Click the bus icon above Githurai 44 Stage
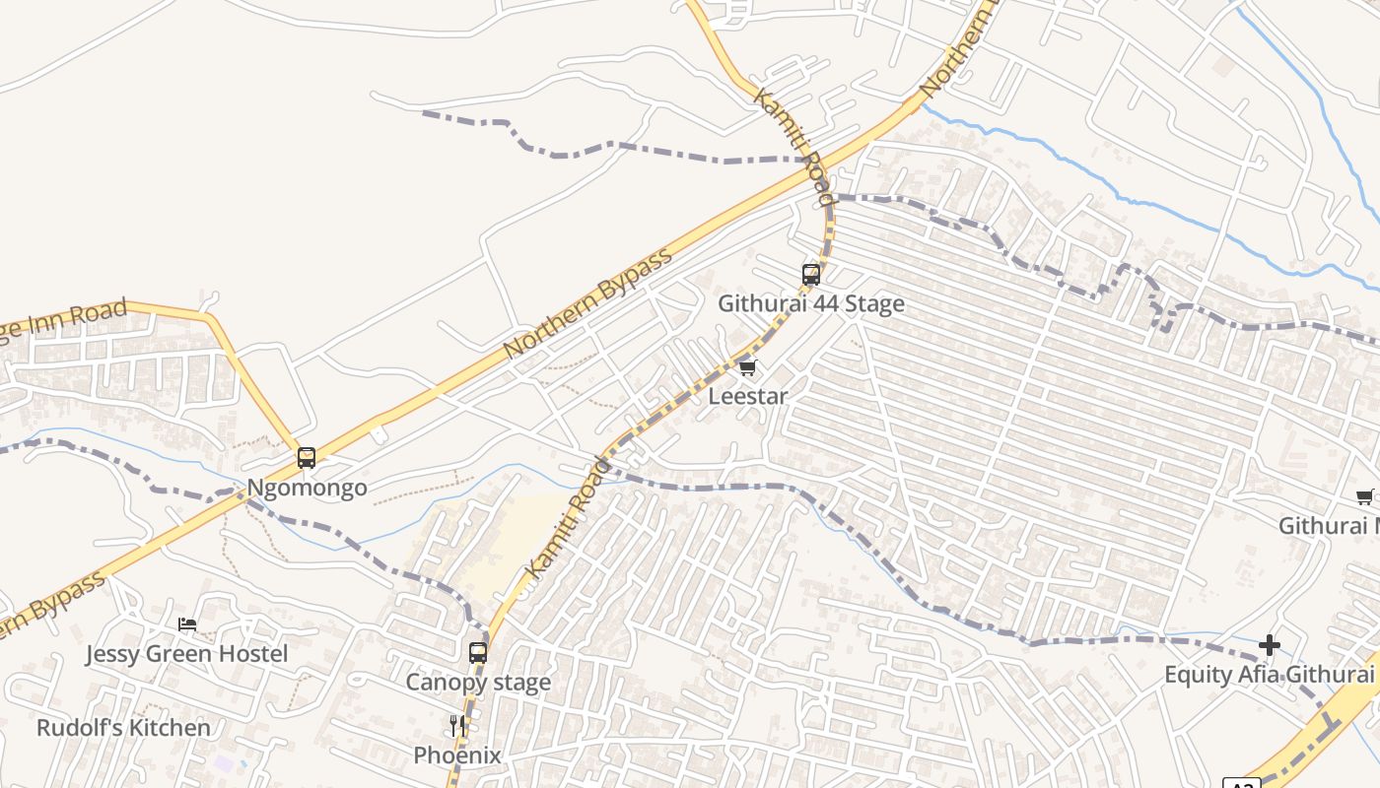pyautogui.click(x=811, y=275)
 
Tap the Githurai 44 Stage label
pyautogui.click(x=810, y=303)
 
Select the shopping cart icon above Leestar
pyautogui.click(x=747, y=368)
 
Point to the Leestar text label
pyautogui.click(x=748, y=396)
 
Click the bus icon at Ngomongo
pyautogui.click(x=307, y=458)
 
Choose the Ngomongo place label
pyautogui.click(x=307, y=488)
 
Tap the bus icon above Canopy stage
pyautogui.click(x=478, y=652)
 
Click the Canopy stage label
pyautogui.click(x=478, y=682)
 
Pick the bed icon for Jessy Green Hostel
pyautogui.click(x=187, y=624)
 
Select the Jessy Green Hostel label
pyautogui.click(x=186, y=654)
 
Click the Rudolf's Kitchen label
pyautogui.click(x=123, y=728)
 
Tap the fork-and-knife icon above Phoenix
pyautogui.click(x=457, y=726)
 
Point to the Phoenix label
pyautogui.click(x=457, y=755)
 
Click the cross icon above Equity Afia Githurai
pyautogui.click(x=1270, y=645)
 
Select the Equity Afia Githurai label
pyautogui.click(x=1270, y=675)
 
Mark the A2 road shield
pyautogui.click(x=1241, y=784)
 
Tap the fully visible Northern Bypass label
pyautogui.click(x=587, y=303)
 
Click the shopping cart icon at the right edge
pyautogui.click(x=1365, y=497)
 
